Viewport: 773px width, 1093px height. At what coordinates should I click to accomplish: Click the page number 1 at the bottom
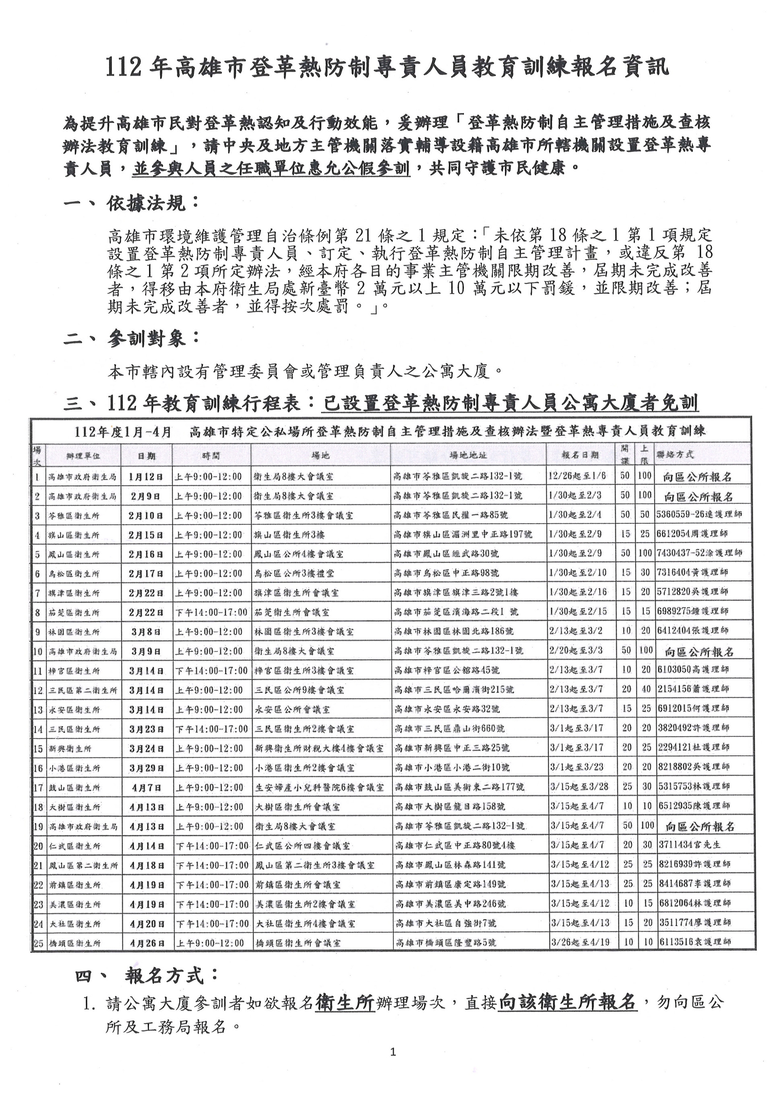tap(393, 1062)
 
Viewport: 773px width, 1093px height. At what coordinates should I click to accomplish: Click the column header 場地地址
tap(468, 455)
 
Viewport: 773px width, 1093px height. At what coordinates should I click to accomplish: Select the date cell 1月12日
tap(146, 477)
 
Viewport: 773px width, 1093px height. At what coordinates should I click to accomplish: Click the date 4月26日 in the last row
tap(146, 942)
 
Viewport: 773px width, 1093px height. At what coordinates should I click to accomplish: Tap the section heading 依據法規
tap(151, 204)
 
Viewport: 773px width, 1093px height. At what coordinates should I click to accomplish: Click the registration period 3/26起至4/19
tap(579, 942)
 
